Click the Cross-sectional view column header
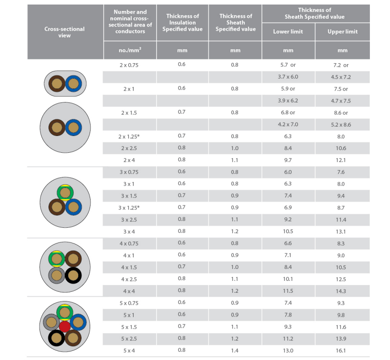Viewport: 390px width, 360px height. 65,32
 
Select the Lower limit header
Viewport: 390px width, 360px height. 288,32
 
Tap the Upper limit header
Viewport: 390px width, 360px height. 342,32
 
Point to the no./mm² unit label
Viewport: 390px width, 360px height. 130,50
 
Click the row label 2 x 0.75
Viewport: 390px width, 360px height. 129,65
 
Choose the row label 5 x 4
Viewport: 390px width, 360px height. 129,350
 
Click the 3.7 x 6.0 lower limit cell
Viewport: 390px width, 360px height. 288,77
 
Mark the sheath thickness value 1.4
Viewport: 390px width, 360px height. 235,350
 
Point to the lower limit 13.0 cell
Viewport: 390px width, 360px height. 288,351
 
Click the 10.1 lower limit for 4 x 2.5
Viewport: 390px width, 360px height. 288,279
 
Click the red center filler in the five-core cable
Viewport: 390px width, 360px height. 65,326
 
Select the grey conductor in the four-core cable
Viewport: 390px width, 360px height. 57,275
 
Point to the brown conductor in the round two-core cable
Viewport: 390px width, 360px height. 57,128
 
